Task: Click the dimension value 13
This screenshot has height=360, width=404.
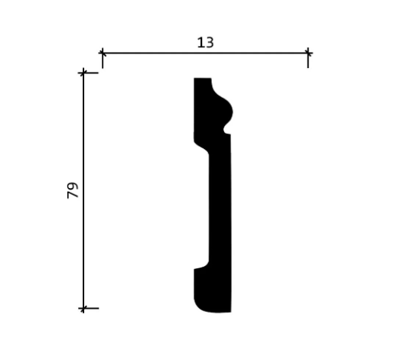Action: [x=205, y=43]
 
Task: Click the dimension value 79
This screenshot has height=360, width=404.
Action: [x=73, y=190]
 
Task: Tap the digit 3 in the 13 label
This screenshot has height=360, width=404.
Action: [x=210, y=43]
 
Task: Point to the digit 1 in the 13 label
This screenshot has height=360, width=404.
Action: [x=200, y=43]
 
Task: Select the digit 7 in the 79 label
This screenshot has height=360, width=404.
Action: [x=73, y=195]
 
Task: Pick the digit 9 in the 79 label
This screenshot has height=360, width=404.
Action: [x=73, y=186]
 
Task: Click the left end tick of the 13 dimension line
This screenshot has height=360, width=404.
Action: [x=103, y=54]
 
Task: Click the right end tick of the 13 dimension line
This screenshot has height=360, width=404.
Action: [x=308, y=54]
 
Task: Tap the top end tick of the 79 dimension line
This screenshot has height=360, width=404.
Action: [x=83, y=73]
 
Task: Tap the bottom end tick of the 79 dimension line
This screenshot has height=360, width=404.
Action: [x=83, y=308]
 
